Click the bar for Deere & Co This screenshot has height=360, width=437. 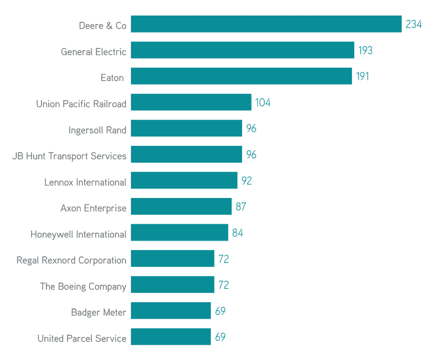pos(266,24)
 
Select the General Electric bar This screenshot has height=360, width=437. pos(243,50)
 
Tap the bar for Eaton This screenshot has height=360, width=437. pos(241,76)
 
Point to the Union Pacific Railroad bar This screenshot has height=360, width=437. pos(191,103)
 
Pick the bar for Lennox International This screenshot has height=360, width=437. pos(184,181)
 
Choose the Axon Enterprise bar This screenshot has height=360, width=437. pos(181,206)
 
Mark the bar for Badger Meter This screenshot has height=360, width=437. pos(171,311)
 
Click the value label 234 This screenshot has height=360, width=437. pos(413,25)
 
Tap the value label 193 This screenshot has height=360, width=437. pos(365,50)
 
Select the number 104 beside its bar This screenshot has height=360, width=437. pos(263,103)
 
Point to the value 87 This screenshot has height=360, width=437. pos(241,206)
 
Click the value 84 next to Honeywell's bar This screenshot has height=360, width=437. pos(238,233)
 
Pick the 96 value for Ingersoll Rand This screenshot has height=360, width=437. pos(251,128)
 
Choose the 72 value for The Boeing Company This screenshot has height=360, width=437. pos(224,285)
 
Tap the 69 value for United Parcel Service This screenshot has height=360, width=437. pos(220,337)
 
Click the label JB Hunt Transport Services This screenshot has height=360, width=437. pos(69,156)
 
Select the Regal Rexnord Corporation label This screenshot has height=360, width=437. pos(72,261)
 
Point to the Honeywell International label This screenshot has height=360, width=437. pos(78,234)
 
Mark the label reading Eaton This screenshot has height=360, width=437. pos(112,78)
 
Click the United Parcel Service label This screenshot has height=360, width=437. pos(82,339)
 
